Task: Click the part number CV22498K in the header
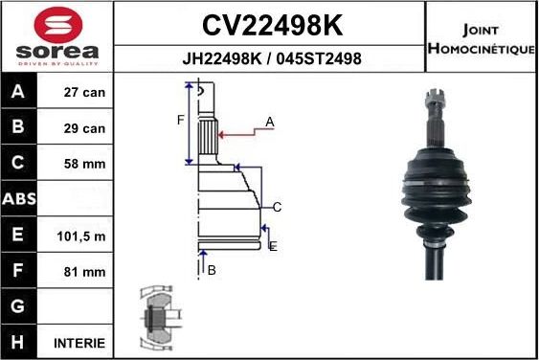click(x=271, y=23)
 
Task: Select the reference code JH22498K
click(x=222, y=58)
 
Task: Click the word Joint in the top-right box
click(x=480, y=30)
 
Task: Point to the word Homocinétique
click(x=480, y=48)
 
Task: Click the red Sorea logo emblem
click(x=56, y=24)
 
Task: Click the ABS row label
click(x=20, y=200)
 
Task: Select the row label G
click(x=20, y=306)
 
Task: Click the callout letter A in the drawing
click(x=270, y=122)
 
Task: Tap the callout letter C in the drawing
click(x=277, y=207)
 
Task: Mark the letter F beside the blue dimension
click(x=179, y=120)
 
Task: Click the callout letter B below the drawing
click(x=212, y=270)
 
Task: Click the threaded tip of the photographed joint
click(x=430, y=98)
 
